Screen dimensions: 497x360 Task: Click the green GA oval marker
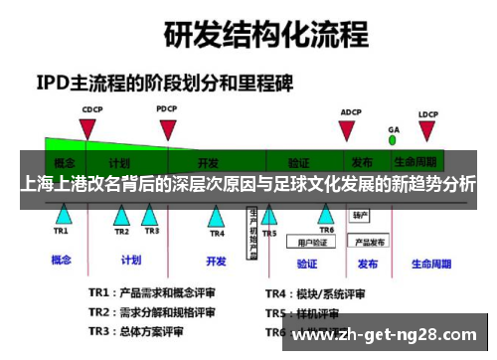tap(394, 138)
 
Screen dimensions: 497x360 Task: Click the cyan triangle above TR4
tap(217, 215)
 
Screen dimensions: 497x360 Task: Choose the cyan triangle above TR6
tap(328, 214)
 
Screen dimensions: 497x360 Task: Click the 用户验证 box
tap(307, 240)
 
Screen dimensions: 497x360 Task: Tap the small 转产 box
tap(360, 215)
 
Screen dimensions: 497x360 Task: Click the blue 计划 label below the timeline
tap(130, 261)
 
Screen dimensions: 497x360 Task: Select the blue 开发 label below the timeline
tap(216, 262)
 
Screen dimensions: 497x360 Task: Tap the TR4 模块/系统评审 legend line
tap(315, 293)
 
